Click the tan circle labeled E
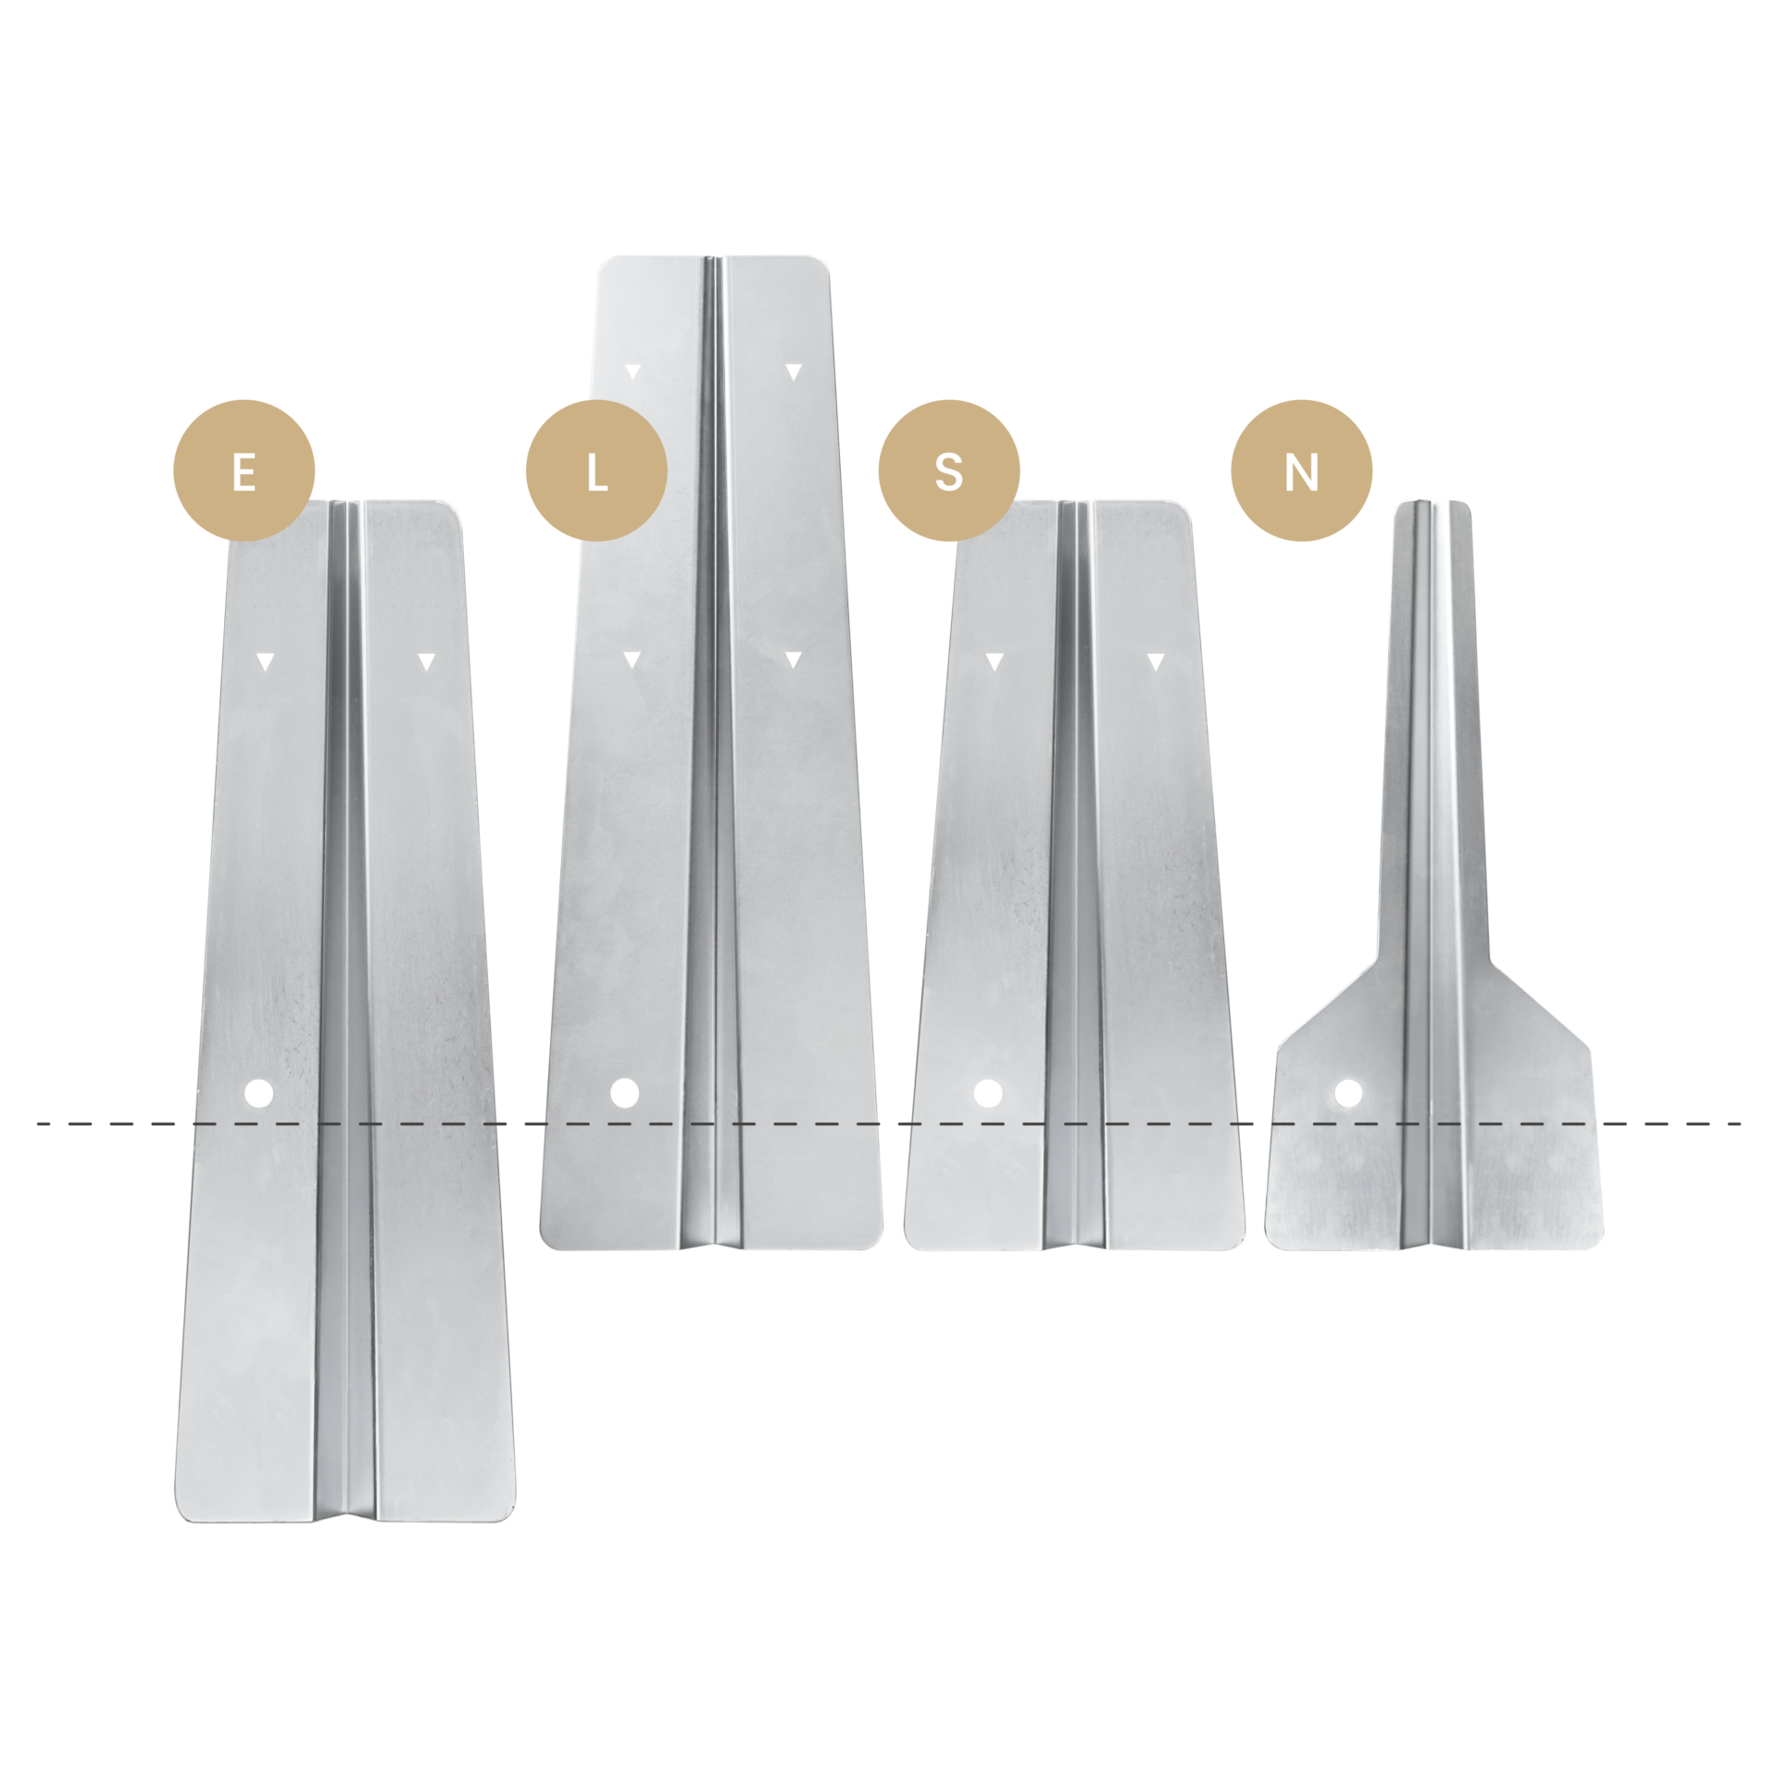click(244, 470)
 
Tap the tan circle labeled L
click(596, 470)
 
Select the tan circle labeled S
click(949, 470)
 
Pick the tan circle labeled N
click(1301, 470)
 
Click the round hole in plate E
click(259, 1094)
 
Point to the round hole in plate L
click(625, 1093)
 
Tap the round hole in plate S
click(988, 1093)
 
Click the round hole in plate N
click(1348, 1094)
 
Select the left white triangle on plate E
click(266, 661)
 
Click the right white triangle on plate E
click(426, 661)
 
